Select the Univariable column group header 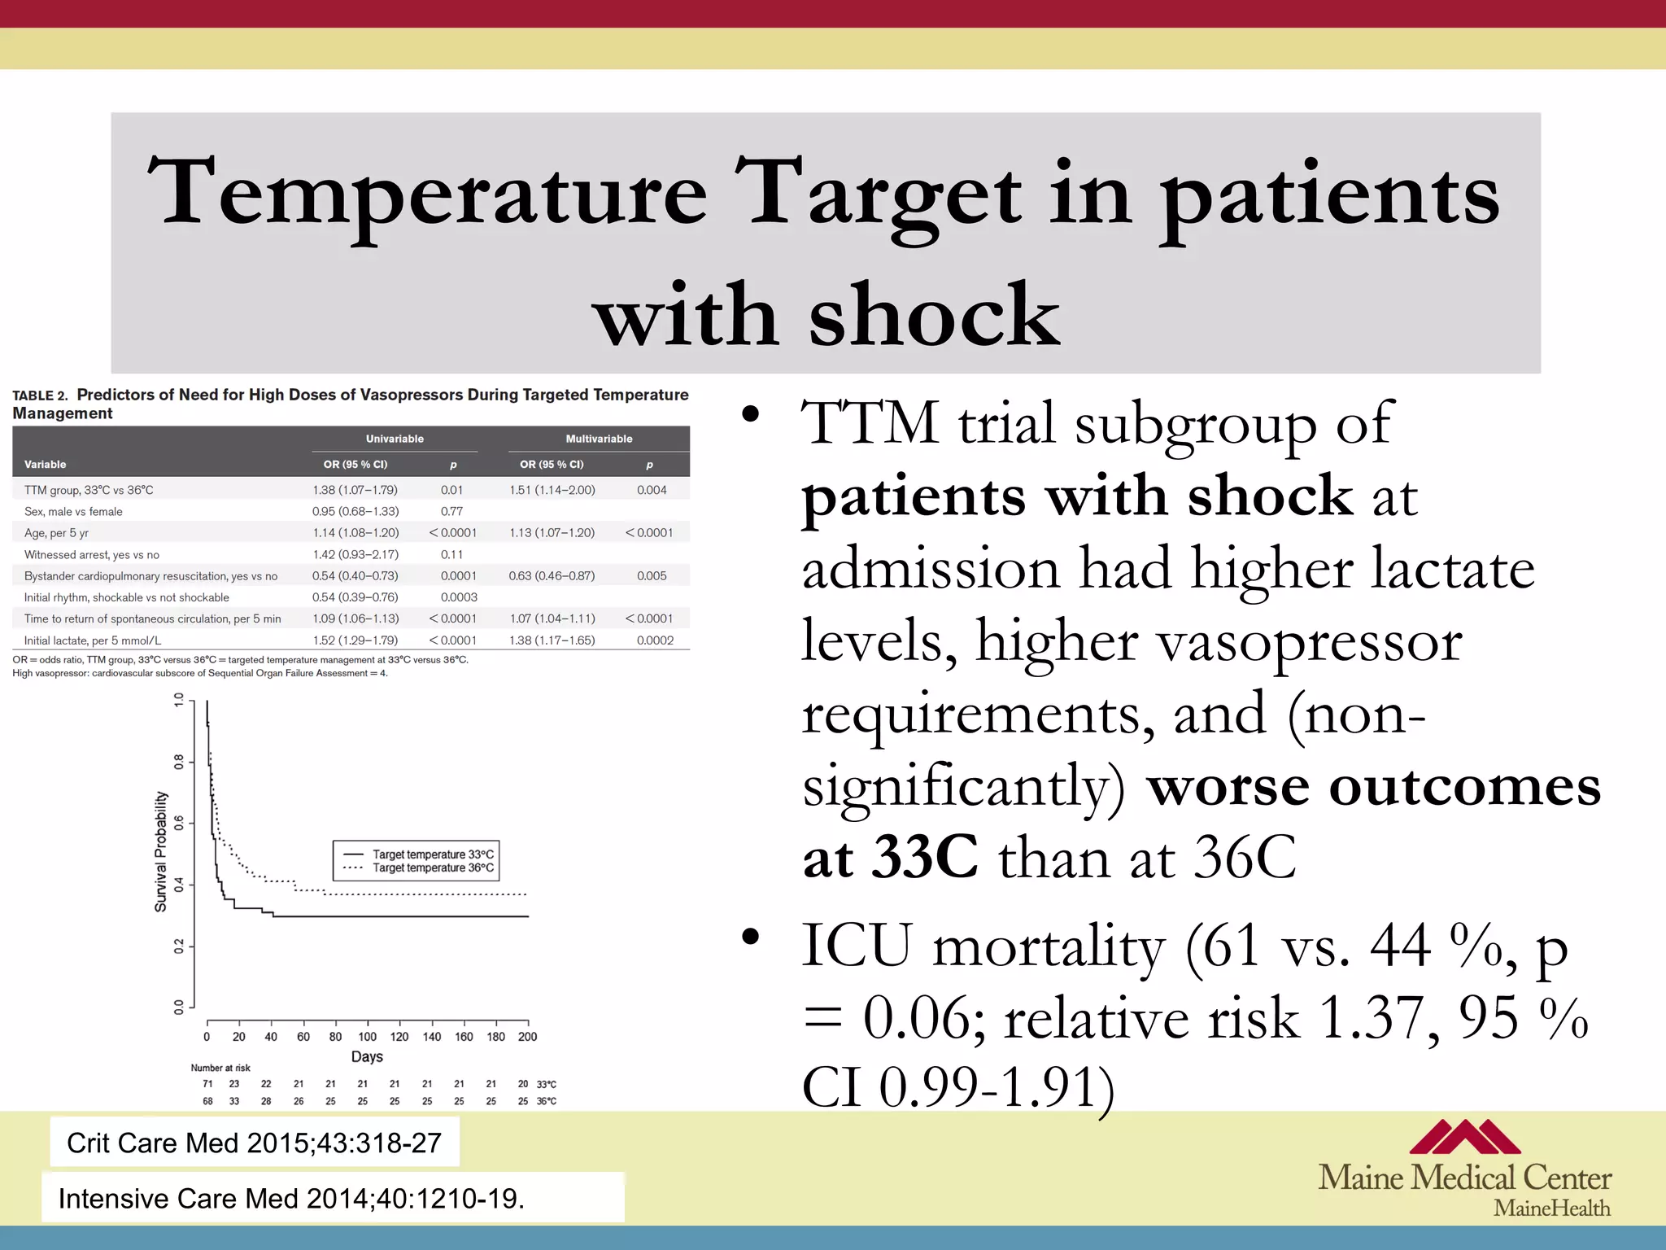395,439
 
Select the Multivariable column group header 599,439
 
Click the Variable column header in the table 46,465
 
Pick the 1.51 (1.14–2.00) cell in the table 552,490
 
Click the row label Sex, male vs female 73,512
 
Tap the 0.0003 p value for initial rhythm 459,597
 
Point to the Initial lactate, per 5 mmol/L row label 93,640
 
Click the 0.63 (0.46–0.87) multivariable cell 552,576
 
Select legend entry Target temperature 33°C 432,854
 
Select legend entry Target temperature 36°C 432,868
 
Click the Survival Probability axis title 161,851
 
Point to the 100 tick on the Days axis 368,1037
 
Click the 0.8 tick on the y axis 179,763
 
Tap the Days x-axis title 367,1056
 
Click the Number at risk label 220,1068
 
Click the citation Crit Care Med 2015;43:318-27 254,1143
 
